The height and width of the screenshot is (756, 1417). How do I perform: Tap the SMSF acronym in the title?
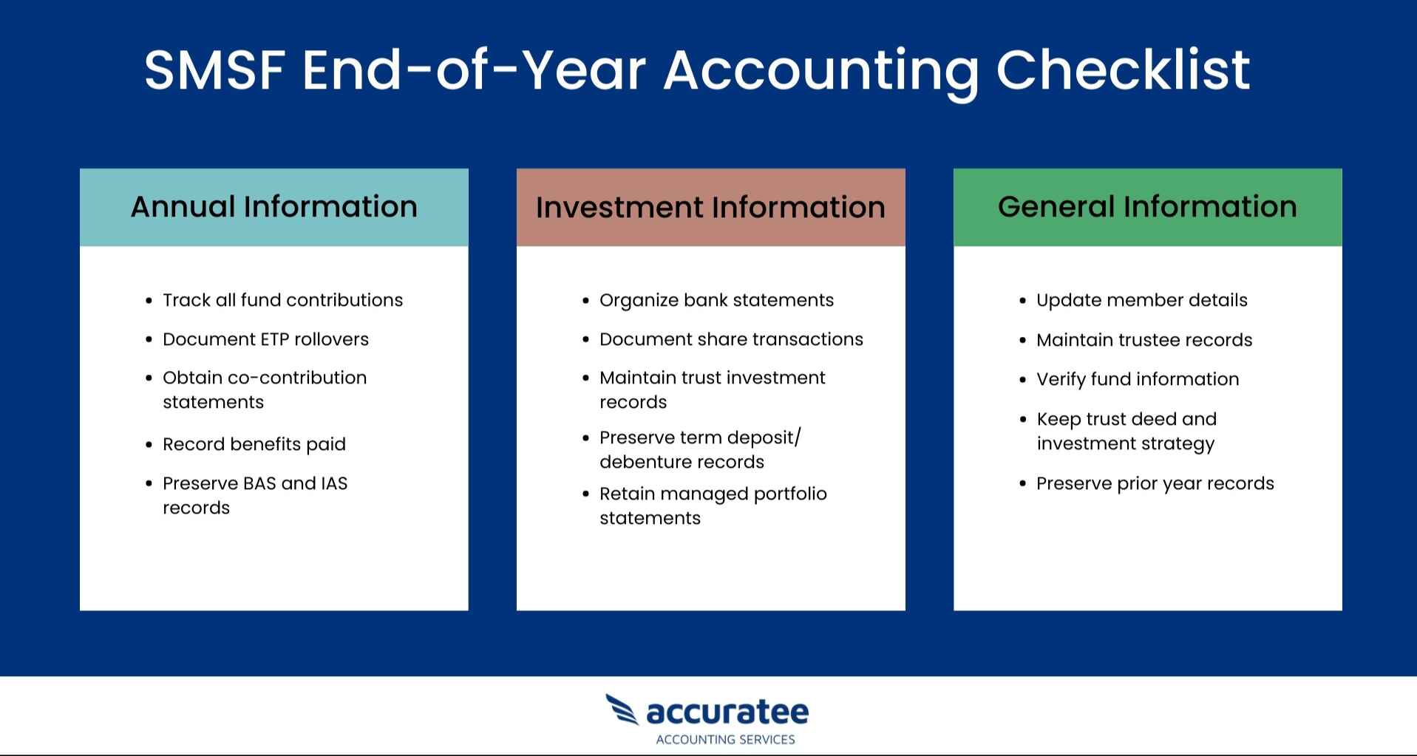pyautogui.click(x=214, y=71)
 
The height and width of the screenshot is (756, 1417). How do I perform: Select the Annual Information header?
pyautogui.click(x=273, y=207)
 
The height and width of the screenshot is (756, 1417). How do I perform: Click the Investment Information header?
pyautogui.click(x=710, y=208)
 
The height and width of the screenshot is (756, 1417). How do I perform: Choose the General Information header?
pyautogui.click(x=1147, y=207)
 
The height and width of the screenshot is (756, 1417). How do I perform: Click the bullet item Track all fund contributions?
pyautogui.click(x=282, y=300)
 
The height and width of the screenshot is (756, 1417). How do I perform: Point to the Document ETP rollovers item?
pyautogui.click(x=265, y=339)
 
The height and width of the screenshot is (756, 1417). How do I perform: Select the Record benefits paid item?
pyautogui.click(x=254, y=444)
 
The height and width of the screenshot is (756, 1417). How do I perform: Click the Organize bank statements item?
pyautogui.click(x=716, y=300)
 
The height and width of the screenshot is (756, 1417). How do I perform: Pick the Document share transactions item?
pyautogui.click(x=731, y=339)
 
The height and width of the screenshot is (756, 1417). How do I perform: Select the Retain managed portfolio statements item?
pyautogui.click(x=713, y=505)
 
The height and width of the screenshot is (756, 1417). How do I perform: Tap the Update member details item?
pyautogui.click(x=1141, y=300)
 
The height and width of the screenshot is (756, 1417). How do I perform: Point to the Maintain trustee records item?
pyautogui.click(x=1144, y=340)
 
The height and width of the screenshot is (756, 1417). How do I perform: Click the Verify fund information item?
pyautogui.click(x=1138, y=379)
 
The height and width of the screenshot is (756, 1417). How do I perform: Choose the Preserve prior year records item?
pyautogui.click(x=1155, y=483)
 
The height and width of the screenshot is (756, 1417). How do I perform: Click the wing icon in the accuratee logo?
pyautogui.click(x=622, y=709)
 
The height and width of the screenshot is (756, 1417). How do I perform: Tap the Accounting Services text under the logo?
pyautogui.click(x=725, y=740)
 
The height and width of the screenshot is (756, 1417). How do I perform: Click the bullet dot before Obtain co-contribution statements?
pyautogui.click(x=149, y=378)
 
